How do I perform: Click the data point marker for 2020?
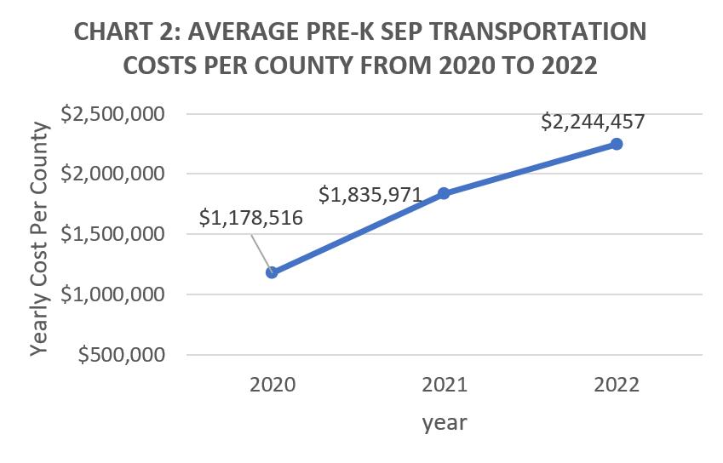click(272, 272)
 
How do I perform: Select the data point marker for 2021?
click(444, 193)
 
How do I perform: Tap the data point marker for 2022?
click(617, 144)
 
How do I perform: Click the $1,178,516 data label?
click(251, 218)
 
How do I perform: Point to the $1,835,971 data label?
click(370, 195)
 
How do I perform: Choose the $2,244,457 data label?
click(593, 122)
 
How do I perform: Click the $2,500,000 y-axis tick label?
click(112, 114)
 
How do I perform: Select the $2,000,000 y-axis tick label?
click(112, 174)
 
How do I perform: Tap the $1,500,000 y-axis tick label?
click(112, 234)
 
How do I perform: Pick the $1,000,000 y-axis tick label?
click(112, 294)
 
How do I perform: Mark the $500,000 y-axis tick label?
click(121, 355)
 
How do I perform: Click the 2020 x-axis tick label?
click(273, 385)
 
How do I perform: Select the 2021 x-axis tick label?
click(445, 385)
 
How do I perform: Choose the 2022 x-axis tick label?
click(617, 385)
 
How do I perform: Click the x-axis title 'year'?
click(445, 423)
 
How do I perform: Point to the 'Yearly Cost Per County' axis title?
click(39, 238)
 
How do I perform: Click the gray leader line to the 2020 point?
click(261, 254)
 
